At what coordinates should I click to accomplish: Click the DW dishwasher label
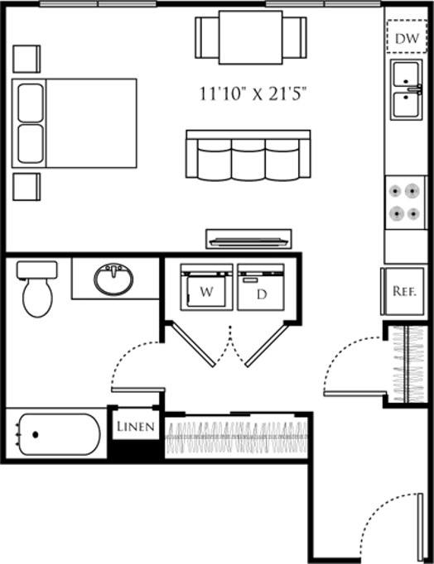(x=405, y=38)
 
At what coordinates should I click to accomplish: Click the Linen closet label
(x=133, y=427)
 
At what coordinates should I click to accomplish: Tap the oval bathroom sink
(x=113, y=280)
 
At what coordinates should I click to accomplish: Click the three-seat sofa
(x=248, y=155)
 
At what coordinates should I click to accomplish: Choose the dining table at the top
(x=250, y=38)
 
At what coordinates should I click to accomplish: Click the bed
(x=75, y=123)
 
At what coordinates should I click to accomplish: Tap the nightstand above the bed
(x=27, y=59)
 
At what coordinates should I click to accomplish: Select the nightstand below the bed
(x=27, y=186)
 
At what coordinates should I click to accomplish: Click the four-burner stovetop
(x=406, y=202)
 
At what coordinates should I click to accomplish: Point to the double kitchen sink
(x=406, y=90)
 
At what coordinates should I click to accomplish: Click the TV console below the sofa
(x=248, y=239)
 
